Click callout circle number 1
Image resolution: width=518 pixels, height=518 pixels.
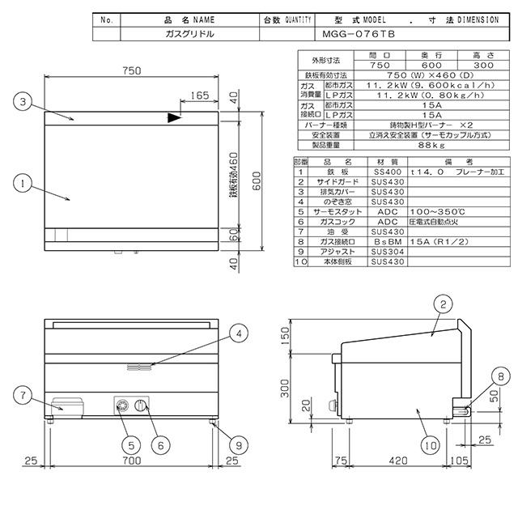click(x=24, y=184)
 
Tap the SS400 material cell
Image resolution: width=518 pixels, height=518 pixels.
click(x=383, y=172)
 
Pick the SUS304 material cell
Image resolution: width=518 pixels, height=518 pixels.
click(x=383, y=252)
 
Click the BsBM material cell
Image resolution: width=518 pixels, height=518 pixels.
click(x=383, y=241)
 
